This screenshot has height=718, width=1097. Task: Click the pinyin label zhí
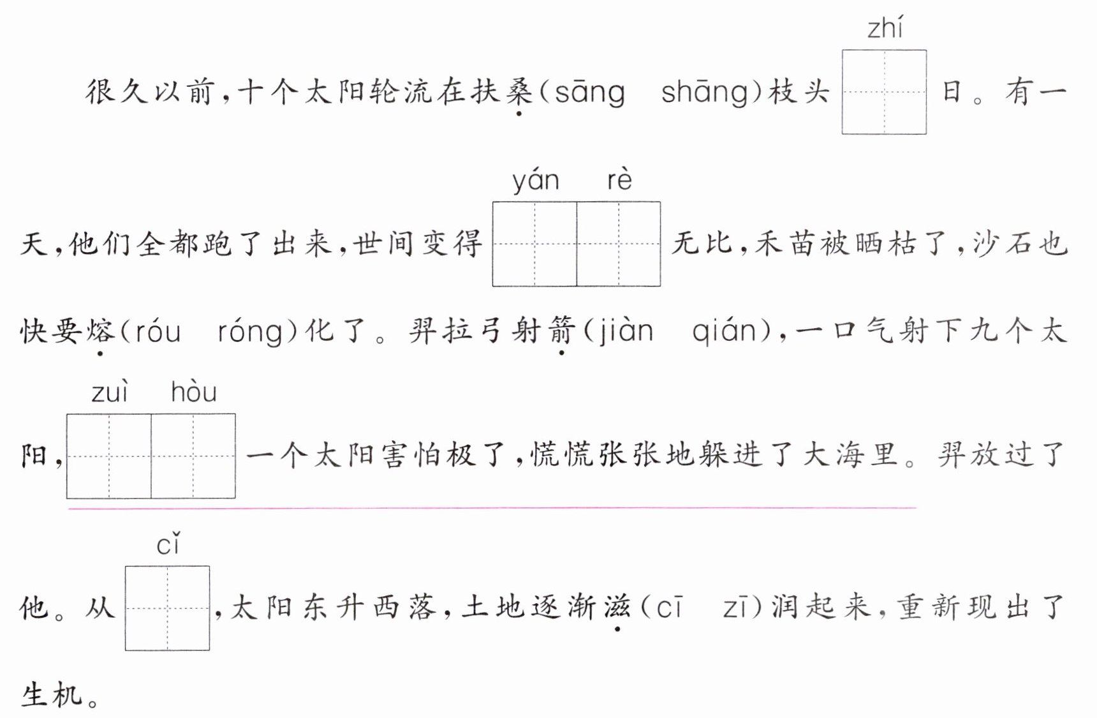pos(885,29)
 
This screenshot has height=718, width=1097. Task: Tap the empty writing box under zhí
pos(884,92)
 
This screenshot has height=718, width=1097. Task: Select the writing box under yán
pos(534,244)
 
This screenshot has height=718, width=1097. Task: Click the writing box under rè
pos(619,244)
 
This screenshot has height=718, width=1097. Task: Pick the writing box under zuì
pos(109,456)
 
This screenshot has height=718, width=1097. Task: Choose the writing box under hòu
pos(193,456)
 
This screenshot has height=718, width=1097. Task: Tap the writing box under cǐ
pos(167,608)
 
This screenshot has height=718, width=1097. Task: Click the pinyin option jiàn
pos(626,332)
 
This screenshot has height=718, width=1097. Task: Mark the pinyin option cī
pos(669,608)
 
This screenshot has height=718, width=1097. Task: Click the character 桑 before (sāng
pos(519,92)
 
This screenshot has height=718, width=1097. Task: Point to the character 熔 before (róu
pos(100,332)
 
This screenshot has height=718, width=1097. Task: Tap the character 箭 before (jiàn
pos(561,332)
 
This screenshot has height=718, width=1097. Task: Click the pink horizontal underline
pos(491,508)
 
